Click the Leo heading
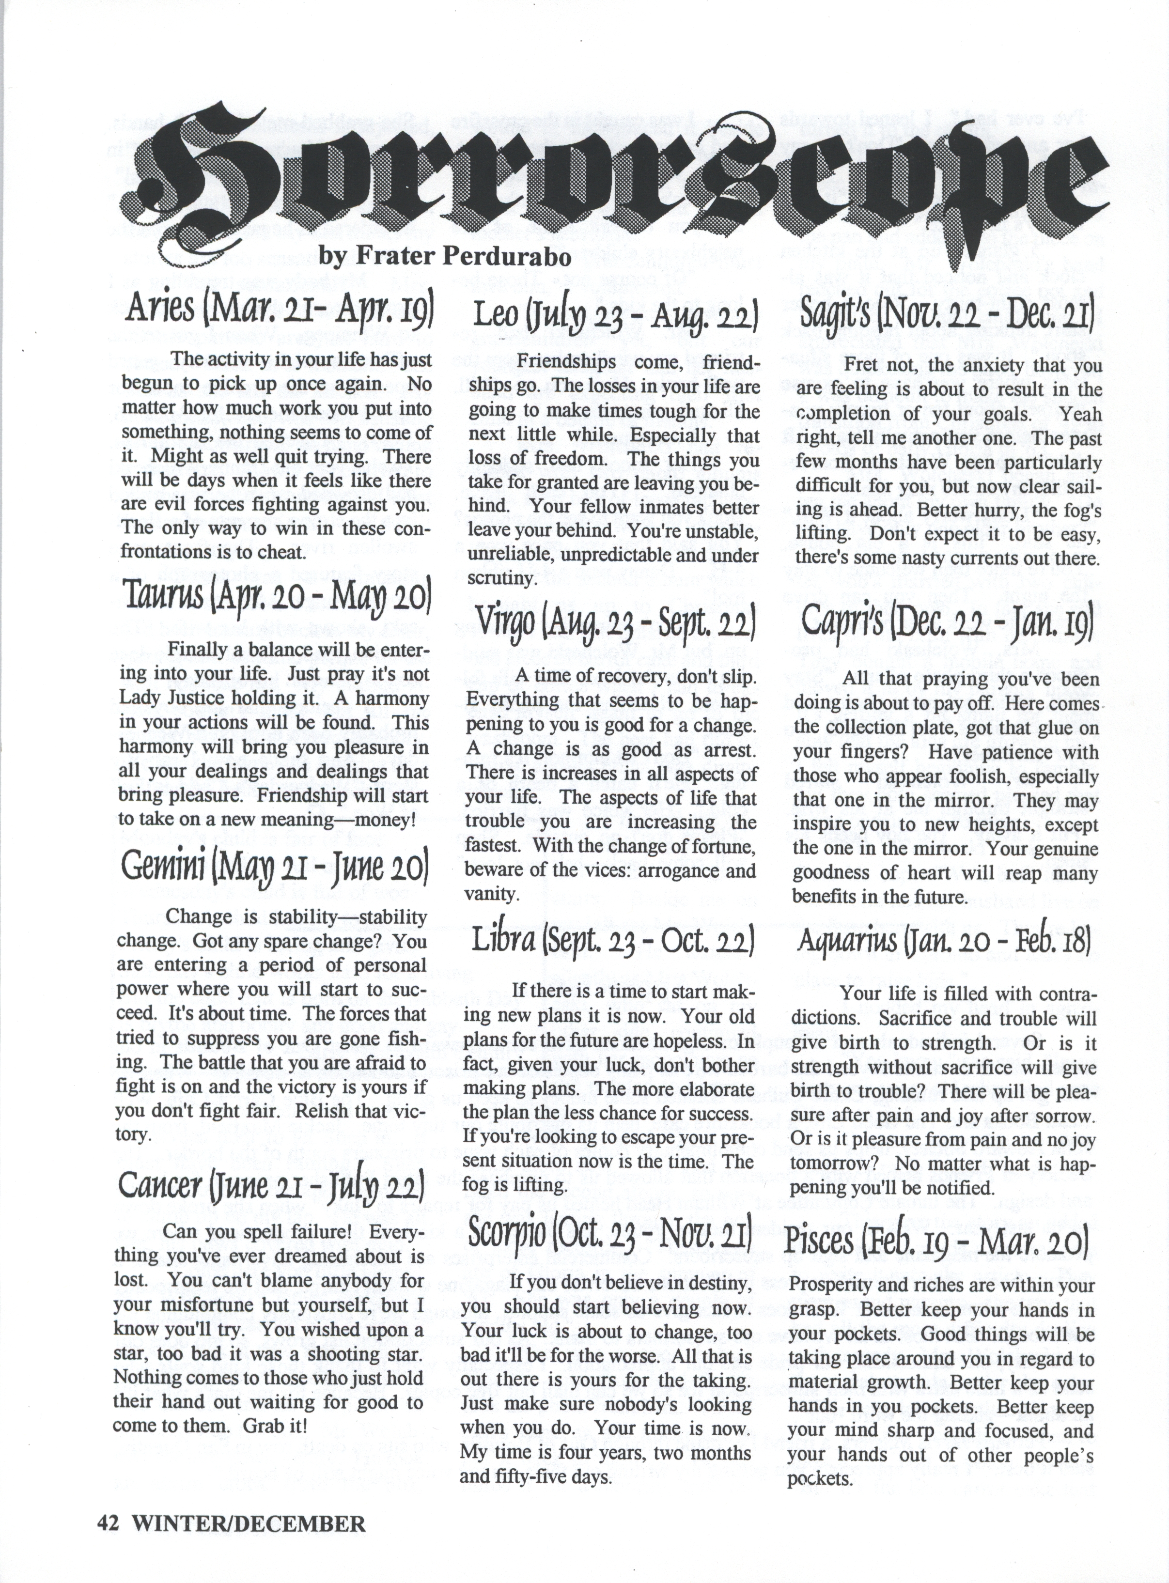click(615, 315)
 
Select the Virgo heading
click(615, 622)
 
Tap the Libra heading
click(613, 940)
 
